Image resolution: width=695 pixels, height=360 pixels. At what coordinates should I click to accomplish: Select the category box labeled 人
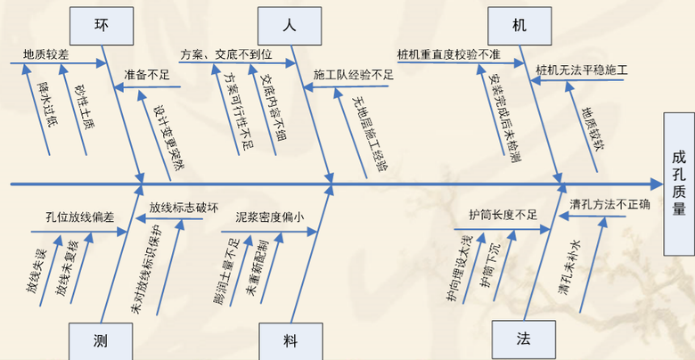click(x=288, y=26)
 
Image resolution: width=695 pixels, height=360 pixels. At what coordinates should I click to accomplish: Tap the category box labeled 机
click(x=519, y=25)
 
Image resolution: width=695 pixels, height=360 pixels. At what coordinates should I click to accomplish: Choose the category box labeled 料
click(x=290, y=340)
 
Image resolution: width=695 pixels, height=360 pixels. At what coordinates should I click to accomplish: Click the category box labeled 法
click(x=522, y=340)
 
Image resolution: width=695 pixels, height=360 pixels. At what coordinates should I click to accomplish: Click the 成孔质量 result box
click(x=679, y=183)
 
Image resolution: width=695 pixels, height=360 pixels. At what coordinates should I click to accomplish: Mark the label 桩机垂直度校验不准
click(x=449, y=53)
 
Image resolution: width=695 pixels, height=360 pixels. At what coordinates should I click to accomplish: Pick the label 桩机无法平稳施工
click(x=582, y=70)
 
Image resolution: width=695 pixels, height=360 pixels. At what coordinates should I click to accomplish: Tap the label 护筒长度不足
click(x=503, y=215)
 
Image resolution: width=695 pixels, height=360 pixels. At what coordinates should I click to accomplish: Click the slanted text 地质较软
click(x=591, y=126)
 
